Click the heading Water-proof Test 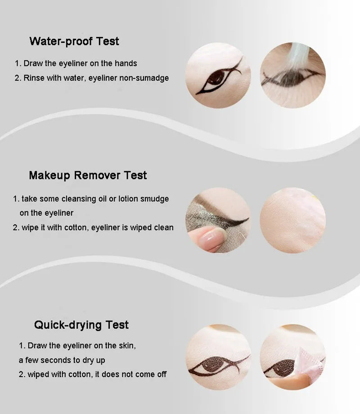(x=74, y=41)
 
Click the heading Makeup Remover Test (x=88, y=175)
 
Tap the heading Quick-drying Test (x=81, y=325)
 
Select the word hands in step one (x=126, y=64)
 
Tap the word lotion (x=131, y=199)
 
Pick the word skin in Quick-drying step (x=126, y=346)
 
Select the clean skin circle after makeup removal (x=292, y=220)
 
